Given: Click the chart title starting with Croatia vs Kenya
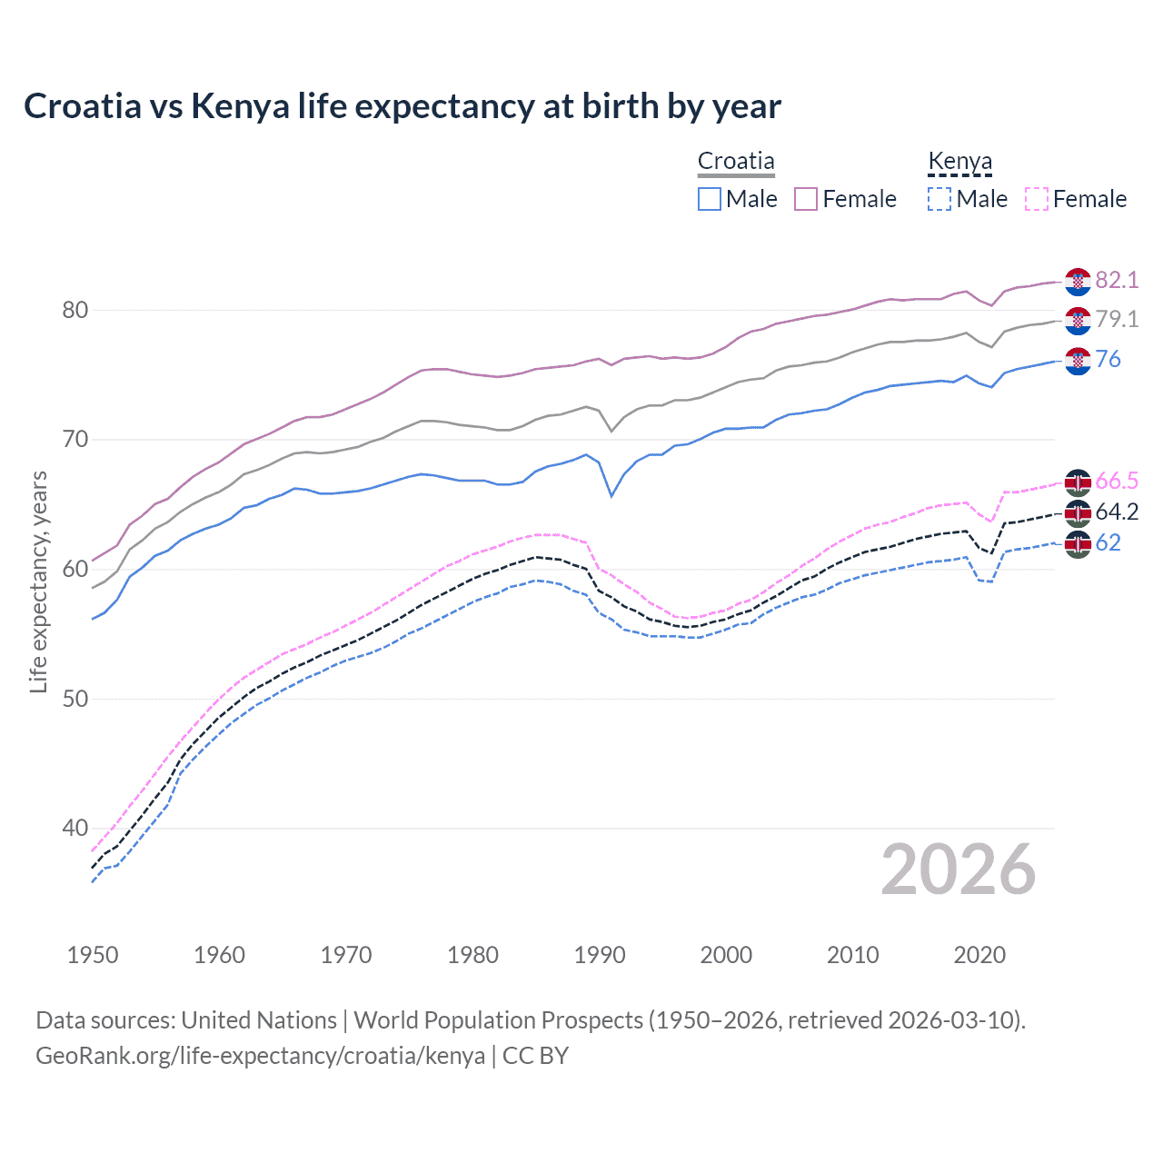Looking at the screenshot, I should [402, 106].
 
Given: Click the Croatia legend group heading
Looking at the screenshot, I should [736, 161].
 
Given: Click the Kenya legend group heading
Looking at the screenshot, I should [959, 161].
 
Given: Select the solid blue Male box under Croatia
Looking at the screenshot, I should [710, 199].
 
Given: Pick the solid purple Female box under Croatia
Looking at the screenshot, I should [806, 199].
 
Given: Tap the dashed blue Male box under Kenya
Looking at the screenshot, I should [939, 199].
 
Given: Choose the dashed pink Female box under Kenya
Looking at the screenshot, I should [1037, 199].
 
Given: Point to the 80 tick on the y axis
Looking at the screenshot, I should [75, 310].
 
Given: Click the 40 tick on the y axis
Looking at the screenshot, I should [75, 828].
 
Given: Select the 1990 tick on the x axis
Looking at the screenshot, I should [600, 955].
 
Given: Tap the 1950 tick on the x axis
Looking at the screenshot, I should [93, 955].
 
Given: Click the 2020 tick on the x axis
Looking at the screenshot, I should [979, 955].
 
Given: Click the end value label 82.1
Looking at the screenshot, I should [1117, 280].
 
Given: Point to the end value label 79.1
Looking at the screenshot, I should [1117, 319].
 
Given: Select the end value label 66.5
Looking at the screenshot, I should [1117, 481].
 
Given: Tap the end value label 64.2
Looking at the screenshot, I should [1117, 512].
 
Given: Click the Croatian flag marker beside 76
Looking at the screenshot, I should [1078, 360].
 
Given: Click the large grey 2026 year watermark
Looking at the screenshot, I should [959, 870].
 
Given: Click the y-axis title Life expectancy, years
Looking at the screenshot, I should [38, 581].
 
